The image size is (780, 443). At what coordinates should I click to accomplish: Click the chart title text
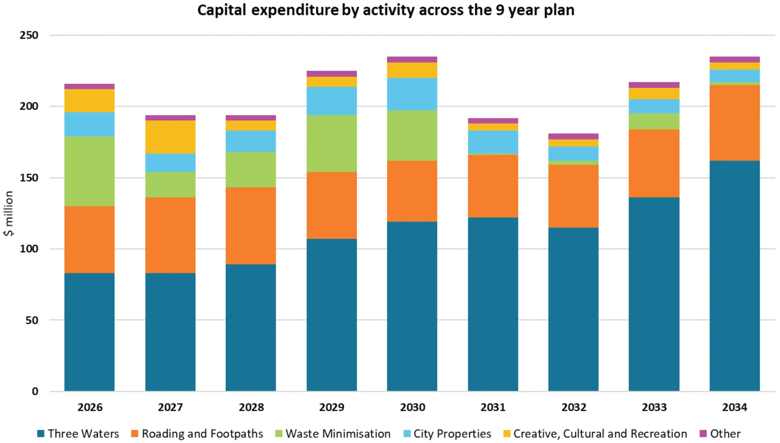point(386,10)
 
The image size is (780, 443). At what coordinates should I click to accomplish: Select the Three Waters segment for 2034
point(734,276)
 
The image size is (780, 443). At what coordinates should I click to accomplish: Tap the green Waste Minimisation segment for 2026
point(90,171)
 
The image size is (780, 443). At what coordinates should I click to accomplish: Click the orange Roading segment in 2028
point(251,225)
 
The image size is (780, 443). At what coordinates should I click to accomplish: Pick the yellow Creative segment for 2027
point(170,137)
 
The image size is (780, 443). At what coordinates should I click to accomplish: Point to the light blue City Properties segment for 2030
point(412,94)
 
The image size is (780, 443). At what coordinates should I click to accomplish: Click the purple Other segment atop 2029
point(331,74)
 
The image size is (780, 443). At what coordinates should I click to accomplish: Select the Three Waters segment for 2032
point(573,309)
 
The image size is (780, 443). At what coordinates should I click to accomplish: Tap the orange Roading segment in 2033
point(654,163)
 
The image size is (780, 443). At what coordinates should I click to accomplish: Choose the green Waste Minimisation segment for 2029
point(331,143)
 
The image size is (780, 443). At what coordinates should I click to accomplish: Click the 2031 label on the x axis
point(493,407)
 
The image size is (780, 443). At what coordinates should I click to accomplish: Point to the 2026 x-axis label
point(90,407)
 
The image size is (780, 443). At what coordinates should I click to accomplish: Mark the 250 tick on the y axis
point(29,35)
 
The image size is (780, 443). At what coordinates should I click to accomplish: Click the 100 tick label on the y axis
point(29,249)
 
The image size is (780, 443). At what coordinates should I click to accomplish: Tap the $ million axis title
point(9,213)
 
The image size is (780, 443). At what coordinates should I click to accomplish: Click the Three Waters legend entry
point(78,434)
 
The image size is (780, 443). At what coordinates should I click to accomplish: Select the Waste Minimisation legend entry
point(333,434)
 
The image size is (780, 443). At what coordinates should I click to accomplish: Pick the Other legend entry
point(720,434)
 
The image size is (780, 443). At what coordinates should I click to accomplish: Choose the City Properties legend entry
point(447,434)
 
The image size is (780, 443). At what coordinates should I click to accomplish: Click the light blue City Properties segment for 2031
point(493,142)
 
